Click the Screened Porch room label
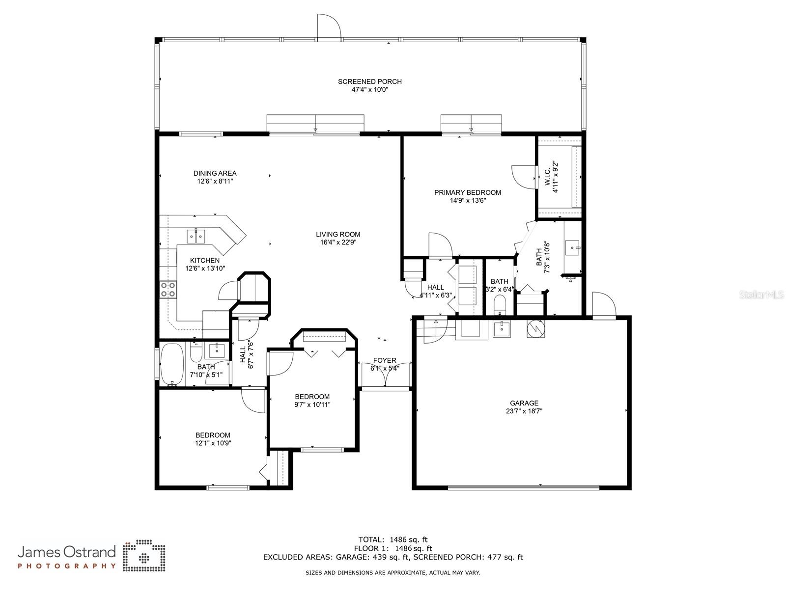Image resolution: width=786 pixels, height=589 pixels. (x=369, y=81)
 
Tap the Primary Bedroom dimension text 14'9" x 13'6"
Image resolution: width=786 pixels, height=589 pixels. (x=468, y=200)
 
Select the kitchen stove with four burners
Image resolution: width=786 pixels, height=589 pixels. (x=168, y=290)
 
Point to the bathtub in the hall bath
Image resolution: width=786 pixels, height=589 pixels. (x=171, y=365)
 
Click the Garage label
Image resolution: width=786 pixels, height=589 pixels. (x=524, y=403)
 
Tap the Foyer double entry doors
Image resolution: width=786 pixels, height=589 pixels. (x=385, y=375)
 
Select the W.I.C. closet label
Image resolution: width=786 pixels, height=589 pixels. (x=548, y=177)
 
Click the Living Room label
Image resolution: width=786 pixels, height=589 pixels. (x=338, y=234)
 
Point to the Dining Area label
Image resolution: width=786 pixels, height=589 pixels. (x=215, y=173)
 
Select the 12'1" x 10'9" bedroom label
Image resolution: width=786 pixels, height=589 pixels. (x=213, y=435)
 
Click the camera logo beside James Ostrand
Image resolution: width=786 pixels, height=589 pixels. (x=144, y=557)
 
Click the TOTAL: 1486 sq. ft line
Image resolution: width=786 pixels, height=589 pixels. (x=393, y=539)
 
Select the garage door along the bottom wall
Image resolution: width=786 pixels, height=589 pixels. (x=523, y=487)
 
